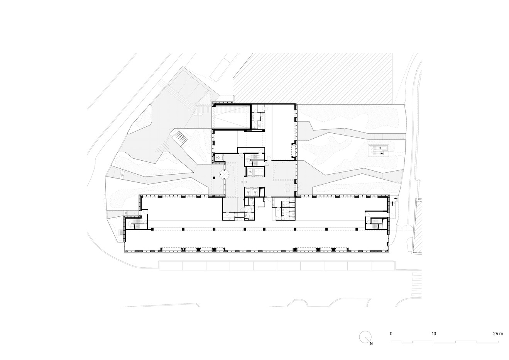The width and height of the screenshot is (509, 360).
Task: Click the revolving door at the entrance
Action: click(x=224, y=175)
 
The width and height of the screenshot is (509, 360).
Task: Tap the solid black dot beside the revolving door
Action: click(x=214, y=178)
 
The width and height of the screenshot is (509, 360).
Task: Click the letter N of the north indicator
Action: click(x=371, y=344)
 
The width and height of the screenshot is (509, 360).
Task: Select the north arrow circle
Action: click(x=365, y=337)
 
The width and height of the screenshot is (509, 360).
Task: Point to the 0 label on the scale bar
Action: click(x=391, y=334)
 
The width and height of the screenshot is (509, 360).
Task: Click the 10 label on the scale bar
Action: click(x=434, y=334)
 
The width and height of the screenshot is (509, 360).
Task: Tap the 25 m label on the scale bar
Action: click(x=498, y=334)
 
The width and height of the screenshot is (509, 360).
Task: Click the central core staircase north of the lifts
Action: click(x=255, y=160)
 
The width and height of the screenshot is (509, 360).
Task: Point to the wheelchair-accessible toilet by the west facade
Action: click(x=219, y=157)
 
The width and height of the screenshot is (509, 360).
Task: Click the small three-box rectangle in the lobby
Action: click(x=244, y=182)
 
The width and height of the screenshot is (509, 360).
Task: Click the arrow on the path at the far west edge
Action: click(x=123, y=175)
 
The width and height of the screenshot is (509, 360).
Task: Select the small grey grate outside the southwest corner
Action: click(x=122, y=233)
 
